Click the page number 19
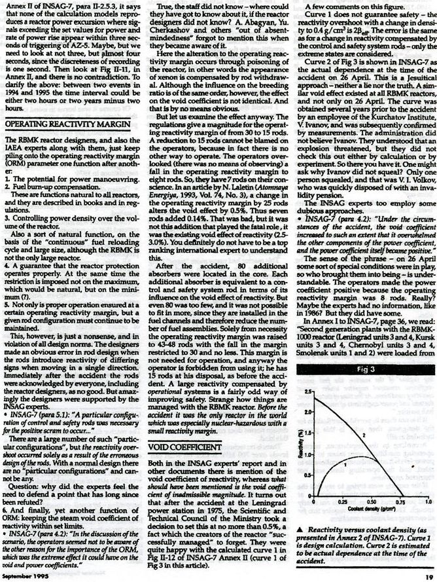(x=428, y=577)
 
